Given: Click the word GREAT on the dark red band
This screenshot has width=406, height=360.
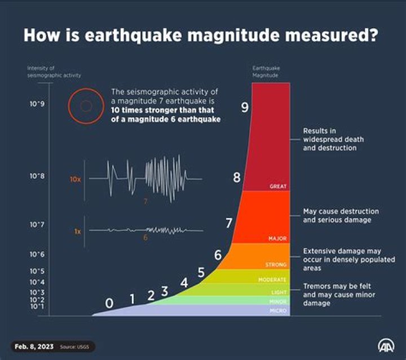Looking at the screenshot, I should [x=279, y=186].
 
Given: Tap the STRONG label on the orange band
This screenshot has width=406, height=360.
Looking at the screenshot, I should [x=276, y=264].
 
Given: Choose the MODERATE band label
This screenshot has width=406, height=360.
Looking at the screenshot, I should [x=272, y=279].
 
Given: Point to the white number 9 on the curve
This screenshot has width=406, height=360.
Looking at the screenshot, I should [x=245, y=108].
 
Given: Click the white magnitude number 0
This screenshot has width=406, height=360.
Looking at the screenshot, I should [x=109, y=304].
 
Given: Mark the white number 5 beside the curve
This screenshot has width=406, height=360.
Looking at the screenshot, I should [x=201, y=273].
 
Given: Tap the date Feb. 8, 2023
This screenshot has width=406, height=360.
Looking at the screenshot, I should [x=33, y=346].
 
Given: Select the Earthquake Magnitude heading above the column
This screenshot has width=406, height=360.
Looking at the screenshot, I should [x=266, y=72].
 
